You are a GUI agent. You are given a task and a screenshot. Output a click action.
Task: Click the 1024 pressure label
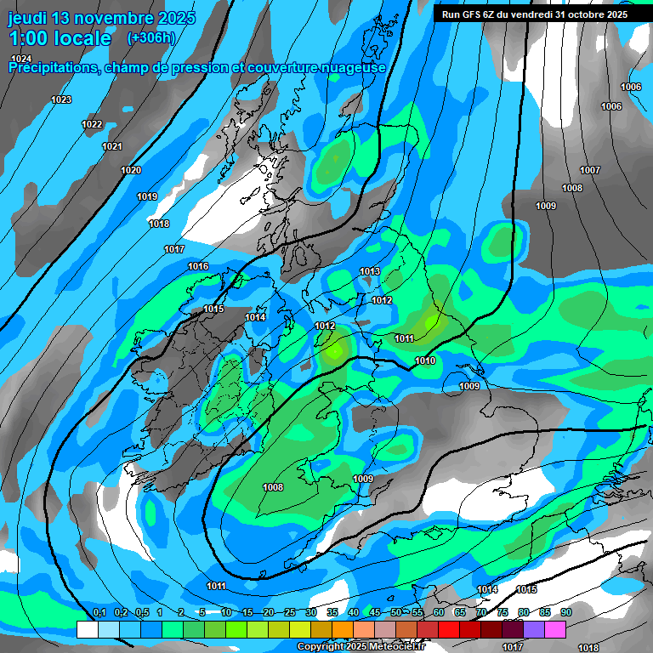[21, 58]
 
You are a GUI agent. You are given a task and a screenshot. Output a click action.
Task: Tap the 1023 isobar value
[61, 100]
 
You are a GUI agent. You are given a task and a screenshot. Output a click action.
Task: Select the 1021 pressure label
[112, 147]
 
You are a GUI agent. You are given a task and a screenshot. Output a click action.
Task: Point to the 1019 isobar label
[147, 197]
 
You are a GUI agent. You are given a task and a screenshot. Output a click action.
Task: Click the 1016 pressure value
[198, 267]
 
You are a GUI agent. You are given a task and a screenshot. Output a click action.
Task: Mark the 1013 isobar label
[370, 272]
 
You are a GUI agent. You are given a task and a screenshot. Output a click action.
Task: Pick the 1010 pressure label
[425, 361]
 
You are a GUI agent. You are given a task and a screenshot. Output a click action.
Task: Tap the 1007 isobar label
[590, 171]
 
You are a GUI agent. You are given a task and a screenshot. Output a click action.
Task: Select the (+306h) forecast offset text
[151, 38]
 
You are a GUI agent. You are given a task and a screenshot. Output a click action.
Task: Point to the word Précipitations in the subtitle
[53, 68]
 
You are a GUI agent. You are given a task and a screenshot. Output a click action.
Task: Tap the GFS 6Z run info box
[535, 14]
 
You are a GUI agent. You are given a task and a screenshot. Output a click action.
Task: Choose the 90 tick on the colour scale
[565, 613]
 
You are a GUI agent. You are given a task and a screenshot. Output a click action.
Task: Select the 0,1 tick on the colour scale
[99, 613]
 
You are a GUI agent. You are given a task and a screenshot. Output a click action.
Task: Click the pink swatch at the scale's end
[555, 629]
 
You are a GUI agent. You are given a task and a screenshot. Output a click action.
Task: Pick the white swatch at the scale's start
[87, 629]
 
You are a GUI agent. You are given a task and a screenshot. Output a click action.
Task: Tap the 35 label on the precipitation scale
[332, 613]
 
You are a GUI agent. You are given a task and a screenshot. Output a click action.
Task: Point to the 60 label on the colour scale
[439, 613]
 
